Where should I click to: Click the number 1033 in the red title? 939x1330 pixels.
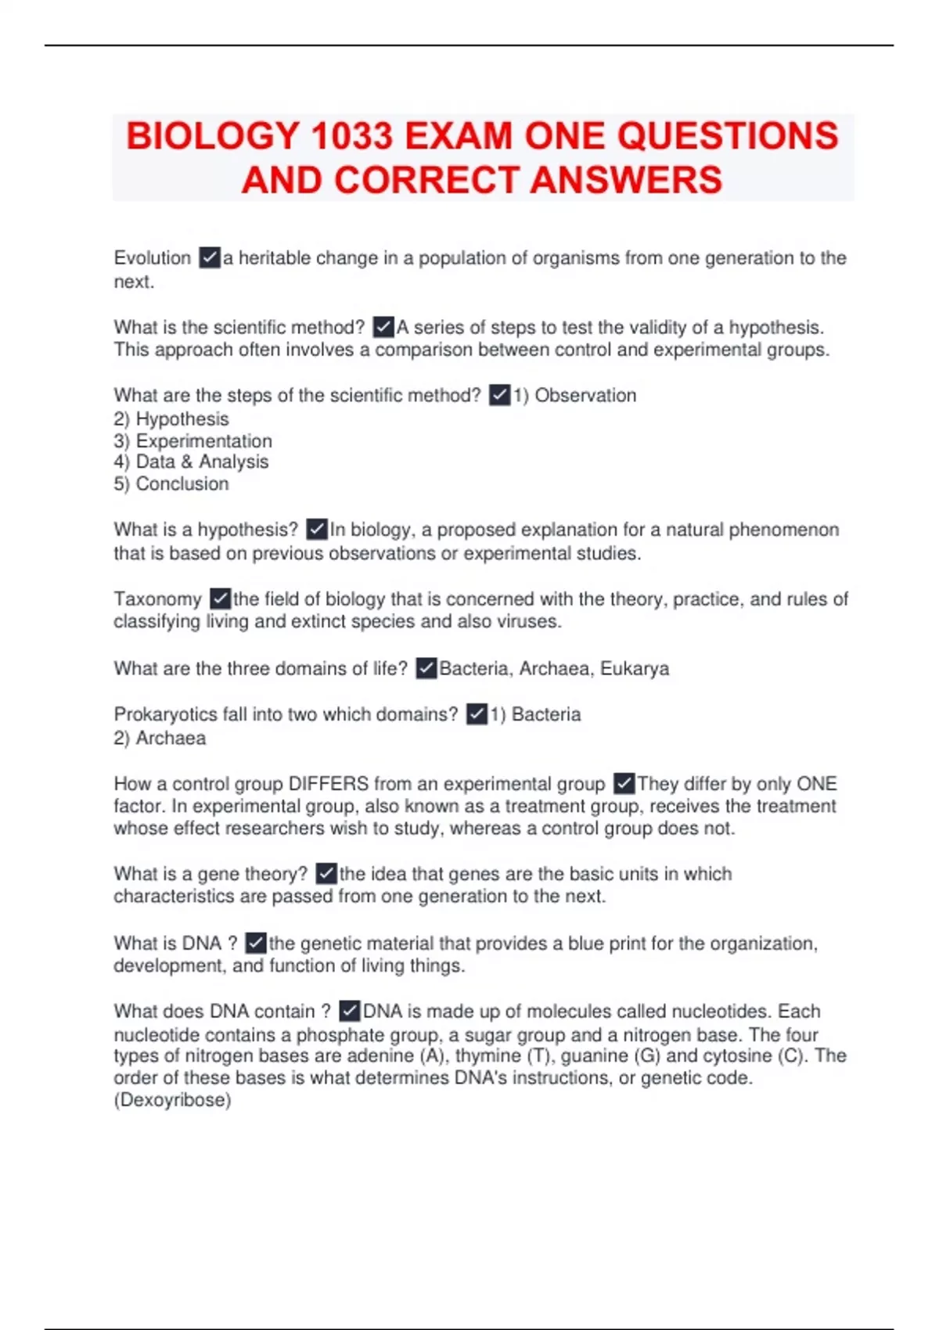pos(351,136)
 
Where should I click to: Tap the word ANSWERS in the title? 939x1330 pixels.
pos(626,180)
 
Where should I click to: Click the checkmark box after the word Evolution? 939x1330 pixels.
pos(210,257)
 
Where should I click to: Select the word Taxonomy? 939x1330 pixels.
pos(157,599)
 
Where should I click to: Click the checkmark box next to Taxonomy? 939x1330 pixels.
pos(221,599)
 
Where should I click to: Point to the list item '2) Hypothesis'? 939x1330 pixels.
pos(171,419)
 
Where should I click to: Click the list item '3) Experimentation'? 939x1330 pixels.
pos(193,440)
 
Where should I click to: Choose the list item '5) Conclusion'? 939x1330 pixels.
pos(171,483)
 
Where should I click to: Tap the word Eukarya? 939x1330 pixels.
pos(635,669)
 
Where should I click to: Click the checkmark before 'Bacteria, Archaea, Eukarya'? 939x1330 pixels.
pos(426,669)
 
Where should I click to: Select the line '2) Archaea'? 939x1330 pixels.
pos(160,738)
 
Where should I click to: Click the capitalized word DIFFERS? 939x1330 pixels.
pos(329,784)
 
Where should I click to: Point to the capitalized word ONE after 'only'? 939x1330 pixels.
pos(816,784)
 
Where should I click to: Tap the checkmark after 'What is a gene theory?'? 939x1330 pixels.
pos(326,874)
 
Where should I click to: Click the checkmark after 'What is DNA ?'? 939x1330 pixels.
pos(256,944)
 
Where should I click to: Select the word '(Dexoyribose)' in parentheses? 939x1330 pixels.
pos(172,1100)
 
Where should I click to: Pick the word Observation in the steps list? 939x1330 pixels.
pos(585,396)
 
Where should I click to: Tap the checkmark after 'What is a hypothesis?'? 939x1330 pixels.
pos(317,530)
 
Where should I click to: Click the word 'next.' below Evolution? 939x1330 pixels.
pos(134,282)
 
